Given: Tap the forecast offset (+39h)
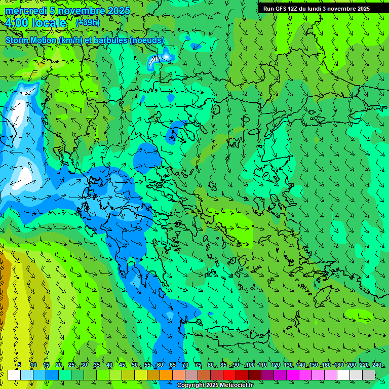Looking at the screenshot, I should click(88, 23).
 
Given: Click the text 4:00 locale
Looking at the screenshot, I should click(35, 23).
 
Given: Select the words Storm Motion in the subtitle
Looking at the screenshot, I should click(30, 40).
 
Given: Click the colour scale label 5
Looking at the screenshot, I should click(19, 365).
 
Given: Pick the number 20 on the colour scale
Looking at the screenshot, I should click(58, 365).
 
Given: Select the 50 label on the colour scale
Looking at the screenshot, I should click(134, 365).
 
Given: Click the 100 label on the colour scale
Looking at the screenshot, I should click(250, 365).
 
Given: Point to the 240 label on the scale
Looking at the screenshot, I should click(376, 365).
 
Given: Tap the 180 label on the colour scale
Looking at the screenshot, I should click(338, 365).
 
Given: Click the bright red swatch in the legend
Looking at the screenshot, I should click(229, 375).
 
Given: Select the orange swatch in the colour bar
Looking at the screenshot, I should click(166, 375).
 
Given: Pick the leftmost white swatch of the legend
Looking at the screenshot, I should click(14, 375).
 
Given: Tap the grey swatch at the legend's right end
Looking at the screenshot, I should click(369, 375).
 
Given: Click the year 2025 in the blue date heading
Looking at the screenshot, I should click(118, 11).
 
